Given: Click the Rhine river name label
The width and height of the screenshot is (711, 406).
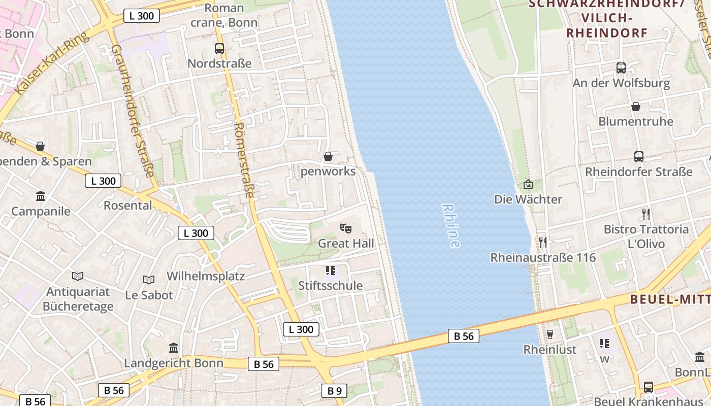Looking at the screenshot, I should pos(451,226).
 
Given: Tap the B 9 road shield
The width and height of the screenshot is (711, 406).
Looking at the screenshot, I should pos(334,391).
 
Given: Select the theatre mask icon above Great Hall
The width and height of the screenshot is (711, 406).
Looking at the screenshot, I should pos(345,228).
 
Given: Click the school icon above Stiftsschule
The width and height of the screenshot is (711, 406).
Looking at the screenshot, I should pos(331,270).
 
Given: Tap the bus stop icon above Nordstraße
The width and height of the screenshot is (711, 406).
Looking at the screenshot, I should pos(219,49).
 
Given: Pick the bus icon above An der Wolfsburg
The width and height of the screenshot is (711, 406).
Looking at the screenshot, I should pos(621,67).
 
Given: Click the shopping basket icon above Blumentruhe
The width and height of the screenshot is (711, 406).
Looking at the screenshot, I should pos(635,107).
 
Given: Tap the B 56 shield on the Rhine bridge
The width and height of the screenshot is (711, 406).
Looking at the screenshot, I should pos(463,335).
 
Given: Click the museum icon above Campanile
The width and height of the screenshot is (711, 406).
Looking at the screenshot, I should pos(41,196).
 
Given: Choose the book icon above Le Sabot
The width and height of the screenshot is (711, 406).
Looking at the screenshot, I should pos(148,280).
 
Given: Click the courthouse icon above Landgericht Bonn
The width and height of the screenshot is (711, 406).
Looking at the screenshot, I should pos(174,348).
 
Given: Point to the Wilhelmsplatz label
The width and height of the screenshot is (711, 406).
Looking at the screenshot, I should pos(206,277).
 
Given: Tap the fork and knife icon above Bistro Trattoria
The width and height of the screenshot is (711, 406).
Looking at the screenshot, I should pos(645,214).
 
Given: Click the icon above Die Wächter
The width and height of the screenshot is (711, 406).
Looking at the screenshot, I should pos(528,184).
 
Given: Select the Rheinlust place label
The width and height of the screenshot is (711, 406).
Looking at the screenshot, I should pos(550,350).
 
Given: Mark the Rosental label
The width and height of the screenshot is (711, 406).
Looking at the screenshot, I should pos(128,206).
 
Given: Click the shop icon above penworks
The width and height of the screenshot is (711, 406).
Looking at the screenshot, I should pos(328,156).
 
